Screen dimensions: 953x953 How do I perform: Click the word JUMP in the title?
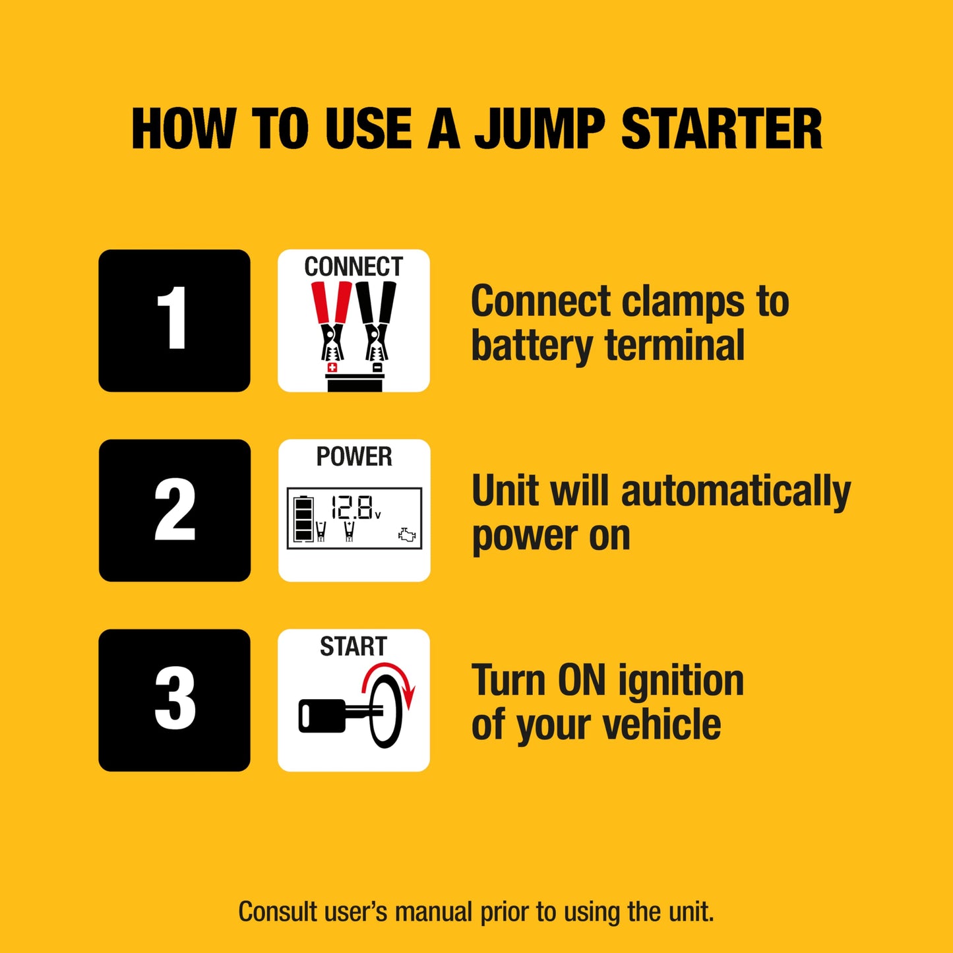[x=539, y=129]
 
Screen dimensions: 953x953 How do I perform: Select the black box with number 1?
[x=174, y=321]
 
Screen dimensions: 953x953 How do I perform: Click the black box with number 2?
[x=174, y=510]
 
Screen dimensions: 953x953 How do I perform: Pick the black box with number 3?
[x=174, y=700]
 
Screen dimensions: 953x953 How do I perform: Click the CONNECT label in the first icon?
[x=354, y=266]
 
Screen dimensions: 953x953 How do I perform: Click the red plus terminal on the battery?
[x=332, y=367]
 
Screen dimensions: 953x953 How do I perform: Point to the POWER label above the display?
[x=354, y=456]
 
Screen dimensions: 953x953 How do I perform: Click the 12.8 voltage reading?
[x=354, y=507]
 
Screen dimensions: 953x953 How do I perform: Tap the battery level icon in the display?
[x=303, y=518]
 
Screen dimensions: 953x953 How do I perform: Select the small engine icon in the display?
[x=407, y=535]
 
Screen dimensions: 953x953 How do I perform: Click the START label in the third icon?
[x=354, y=646]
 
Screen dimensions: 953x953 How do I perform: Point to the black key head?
[x=322, y=716]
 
